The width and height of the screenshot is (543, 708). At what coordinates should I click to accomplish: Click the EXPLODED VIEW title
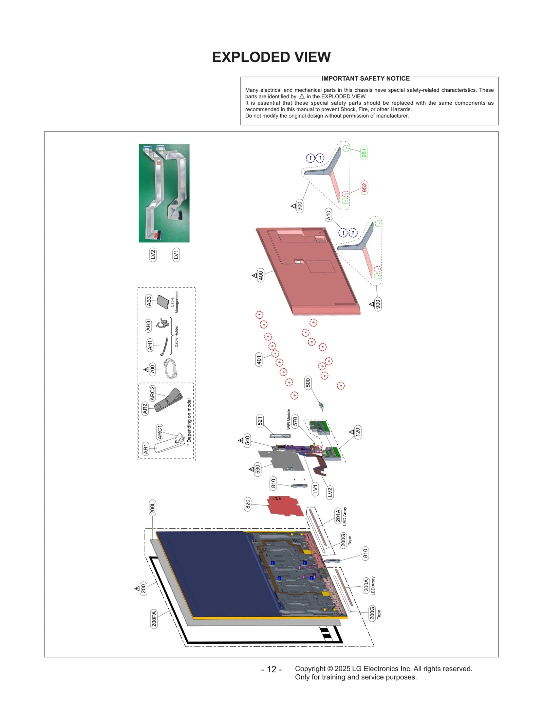(271, 57)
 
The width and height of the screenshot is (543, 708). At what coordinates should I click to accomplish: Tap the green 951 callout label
(364, 153)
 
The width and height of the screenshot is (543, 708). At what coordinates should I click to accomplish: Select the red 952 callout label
(364, 188)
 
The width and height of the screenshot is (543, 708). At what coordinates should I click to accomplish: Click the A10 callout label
(328, 215)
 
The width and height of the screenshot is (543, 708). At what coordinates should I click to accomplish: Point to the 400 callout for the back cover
(260, 275)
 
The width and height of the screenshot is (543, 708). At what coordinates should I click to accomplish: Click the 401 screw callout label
(259, 359)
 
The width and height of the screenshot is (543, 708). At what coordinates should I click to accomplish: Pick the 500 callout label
(308, 383)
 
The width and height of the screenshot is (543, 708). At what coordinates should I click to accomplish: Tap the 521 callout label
(260, 421)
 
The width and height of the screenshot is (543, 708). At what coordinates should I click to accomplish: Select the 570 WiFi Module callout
(295, 421)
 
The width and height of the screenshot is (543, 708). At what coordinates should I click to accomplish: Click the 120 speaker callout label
(357, 432)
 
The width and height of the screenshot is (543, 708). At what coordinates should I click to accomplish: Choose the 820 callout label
(248, 504)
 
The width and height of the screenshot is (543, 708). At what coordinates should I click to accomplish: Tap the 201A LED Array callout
(338, 515)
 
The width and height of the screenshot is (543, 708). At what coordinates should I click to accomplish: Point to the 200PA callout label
(154, 619)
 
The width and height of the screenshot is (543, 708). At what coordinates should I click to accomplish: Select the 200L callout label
(152, 508)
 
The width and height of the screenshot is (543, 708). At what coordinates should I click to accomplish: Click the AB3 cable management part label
(149, 301)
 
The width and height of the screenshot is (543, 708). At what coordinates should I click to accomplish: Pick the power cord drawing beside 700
(170, 369)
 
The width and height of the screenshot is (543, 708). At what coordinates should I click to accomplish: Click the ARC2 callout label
(152, 393)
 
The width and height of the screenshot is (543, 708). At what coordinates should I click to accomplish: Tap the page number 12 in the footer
(271, 669)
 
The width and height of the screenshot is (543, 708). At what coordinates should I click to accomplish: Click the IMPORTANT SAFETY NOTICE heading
(366, 78)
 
